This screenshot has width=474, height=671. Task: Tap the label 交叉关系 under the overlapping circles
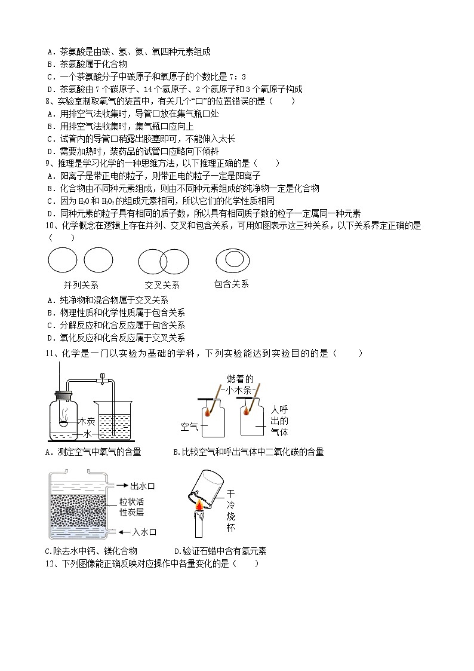162,286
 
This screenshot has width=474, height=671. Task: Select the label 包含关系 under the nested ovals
231,284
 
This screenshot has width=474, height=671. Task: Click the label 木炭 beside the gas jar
87,422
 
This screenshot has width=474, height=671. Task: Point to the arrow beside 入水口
114,531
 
